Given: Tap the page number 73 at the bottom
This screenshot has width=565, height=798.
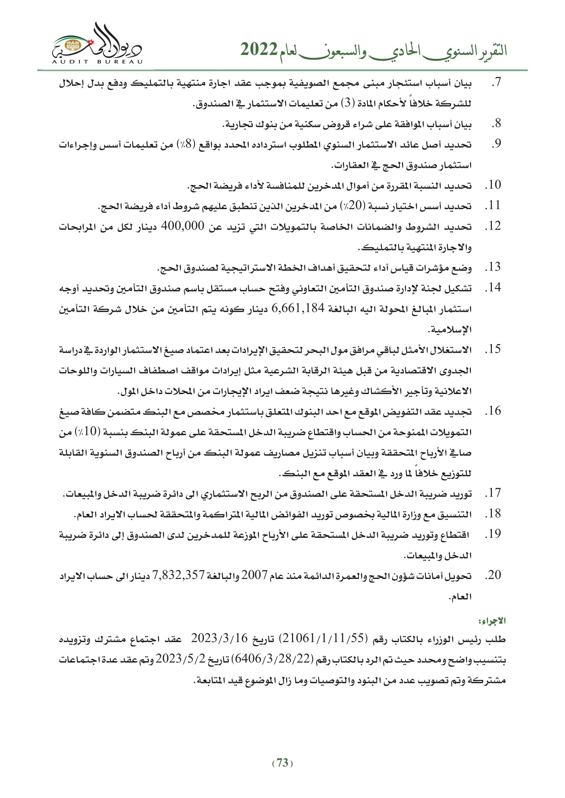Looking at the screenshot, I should click(x=282, y=763).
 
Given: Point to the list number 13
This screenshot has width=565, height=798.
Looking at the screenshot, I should click(x=493, y=267).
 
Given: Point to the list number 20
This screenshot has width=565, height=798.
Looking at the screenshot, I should click(x=493, y=575).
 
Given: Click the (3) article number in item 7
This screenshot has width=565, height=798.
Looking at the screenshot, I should click(x=347, y=103).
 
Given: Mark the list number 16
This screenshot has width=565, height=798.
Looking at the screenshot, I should click(x=493, y=411).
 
